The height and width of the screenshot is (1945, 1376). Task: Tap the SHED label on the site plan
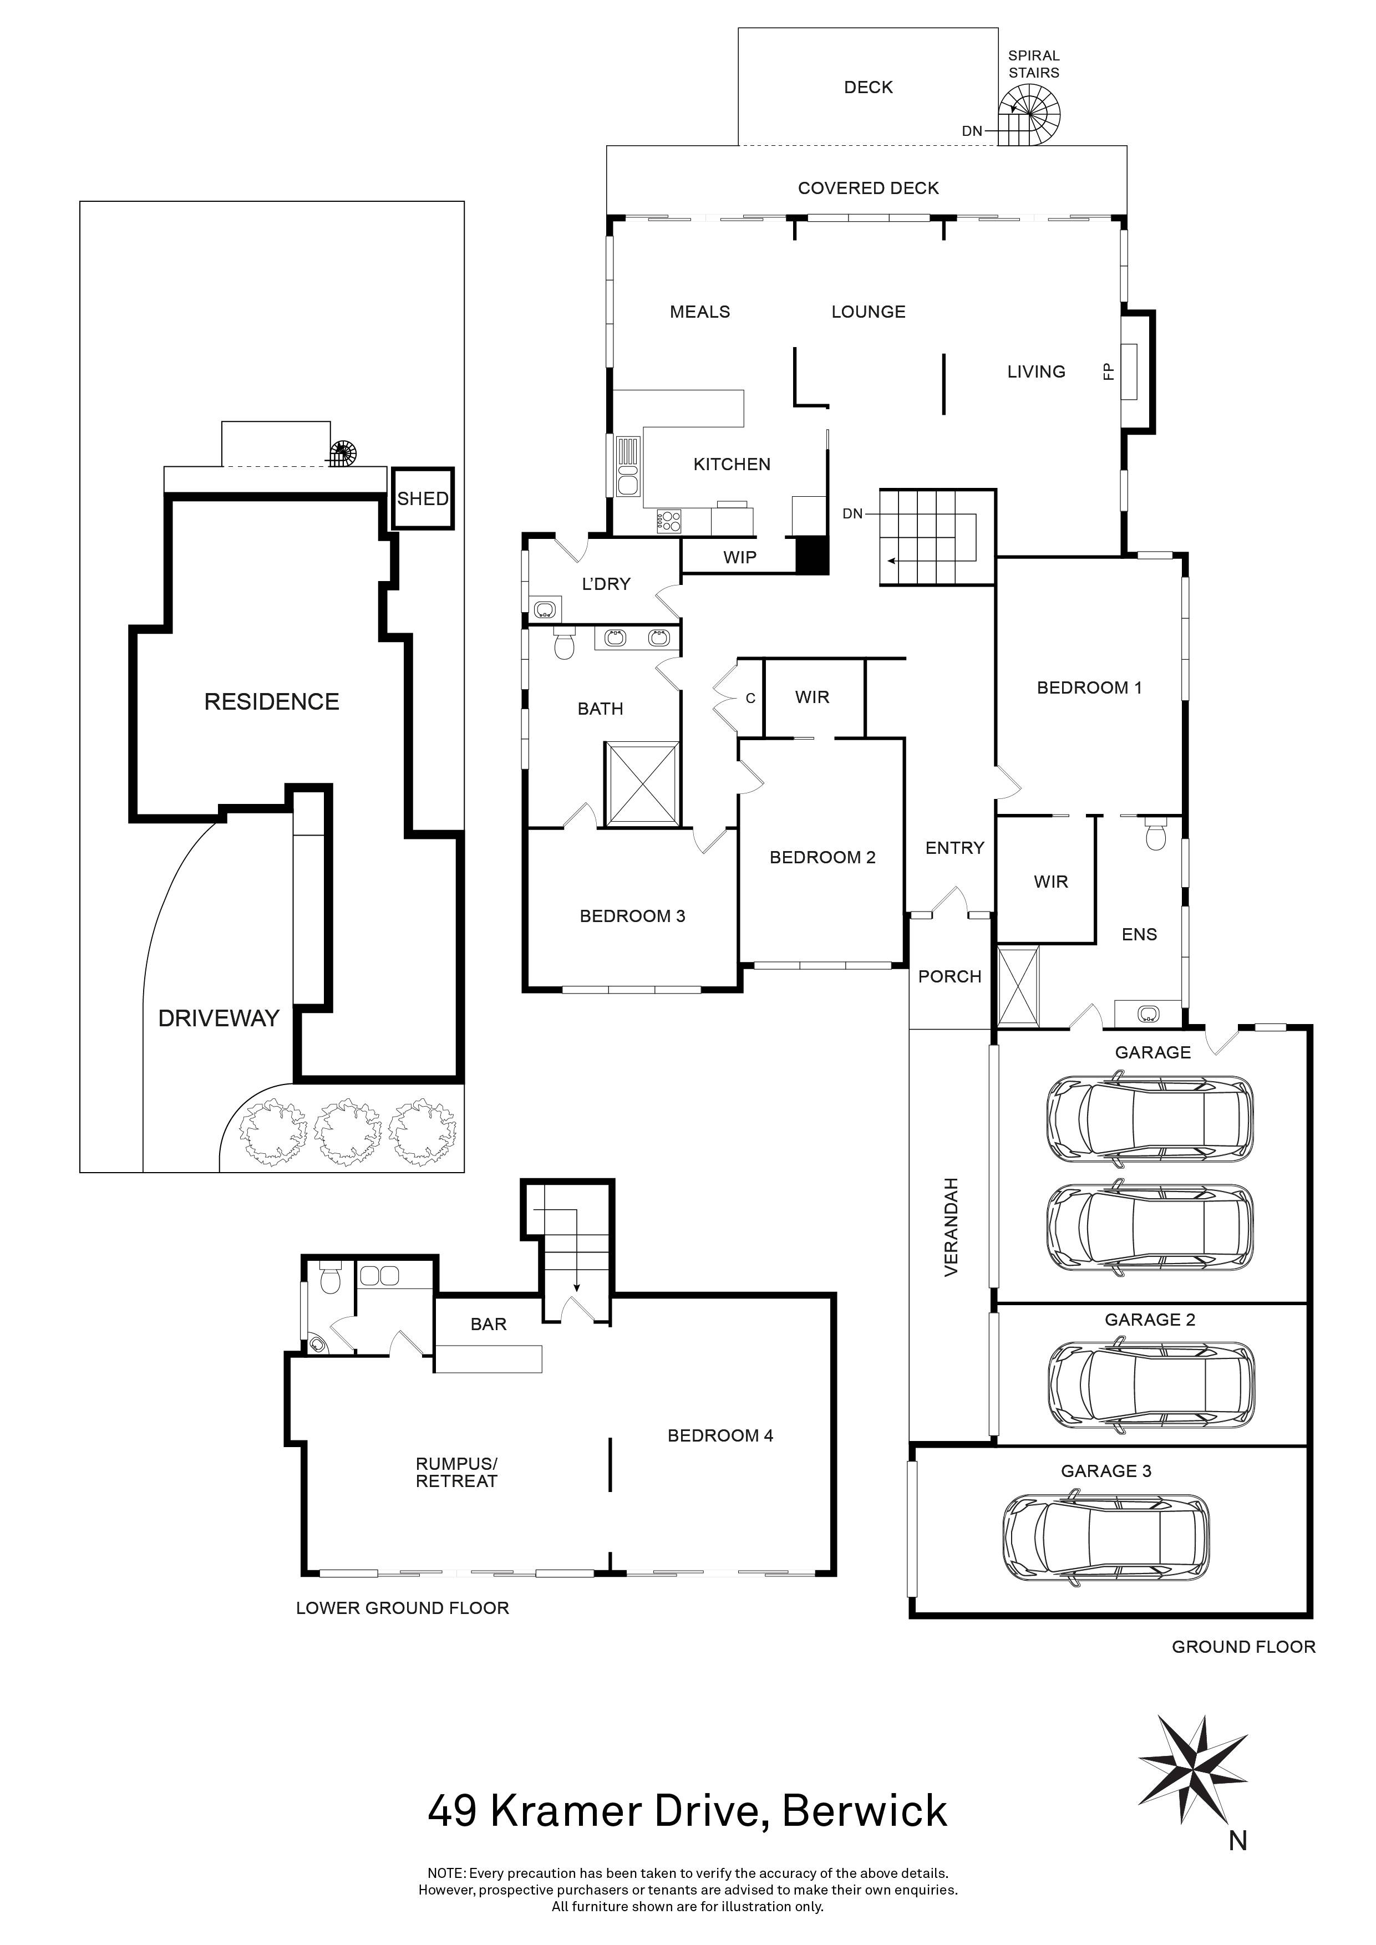(x=422, y=499)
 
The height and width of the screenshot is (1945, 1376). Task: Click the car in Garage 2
(x=1151, y=1385)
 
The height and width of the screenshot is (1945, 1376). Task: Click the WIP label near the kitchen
(x=740, y=557)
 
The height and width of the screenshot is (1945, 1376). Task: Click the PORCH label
(x=950, y=977)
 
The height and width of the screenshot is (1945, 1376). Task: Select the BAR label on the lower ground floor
(x=489, y=1324)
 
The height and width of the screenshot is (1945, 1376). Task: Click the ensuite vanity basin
(x=1148, y=1012)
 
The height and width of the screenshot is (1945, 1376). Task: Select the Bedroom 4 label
(x=720, y=1435)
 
